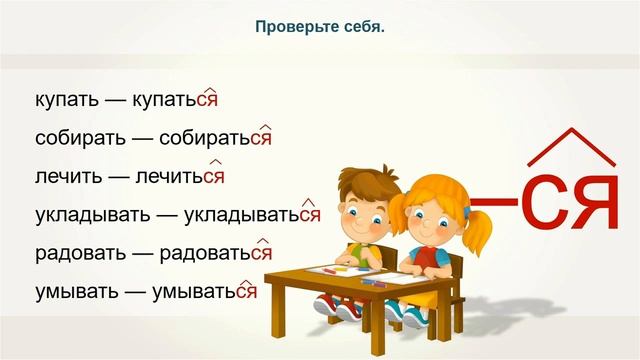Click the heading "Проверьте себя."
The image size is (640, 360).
tap(320, 27)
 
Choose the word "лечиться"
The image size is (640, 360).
tap(178, 176)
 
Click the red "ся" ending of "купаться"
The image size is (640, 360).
tap(206, 100)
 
